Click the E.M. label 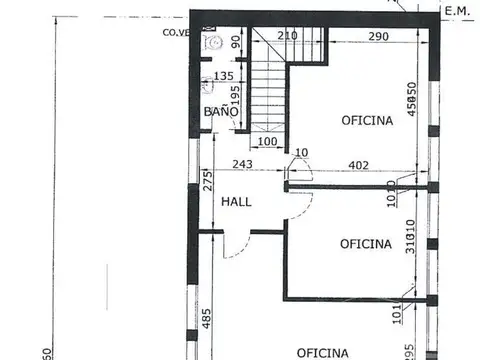[x=457, y=12]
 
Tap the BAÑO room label [x=221, y=112]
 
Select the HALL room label [x=236, y=201]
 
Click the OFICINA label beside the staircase [x=367, y=120]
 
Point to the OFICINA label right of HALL [x=365, y=243]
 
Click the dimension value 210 [x=287, y=37]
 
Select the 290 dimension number [x=377, y=37]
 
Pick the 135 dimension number [x=224, y=76]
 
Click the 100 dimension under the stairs [x=267, y=141]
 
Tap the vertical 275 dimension [x=207, y=182]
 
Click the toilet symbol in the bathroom [x=211, y=43]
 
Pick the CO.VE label [x=176, y=31]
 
